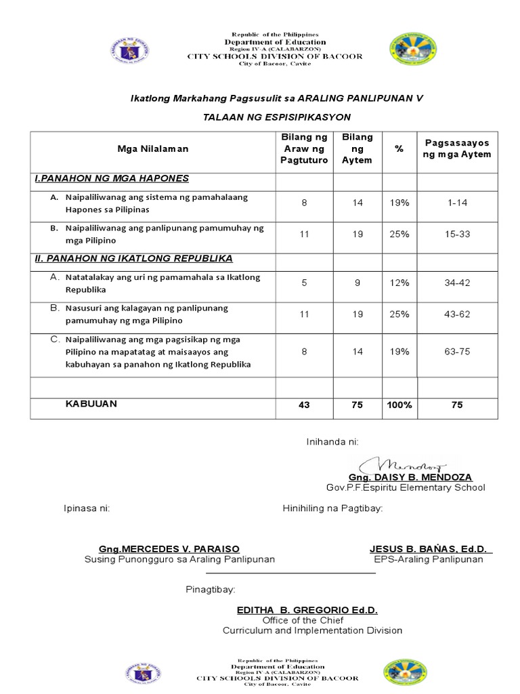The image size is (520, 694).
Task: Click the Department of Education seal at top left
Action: (x=129, y=49)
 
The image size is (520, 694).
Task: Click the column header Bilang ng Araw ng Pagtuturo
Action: (x=304, y=148)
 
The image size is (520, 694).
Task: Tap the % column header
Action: (x=399, y=148)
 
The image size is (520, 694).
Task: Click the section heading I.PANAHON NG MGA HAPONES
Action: (x=112, y=178)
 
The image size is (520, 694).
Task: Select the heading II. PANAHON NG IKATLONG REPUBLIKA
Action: (x=134, y=258)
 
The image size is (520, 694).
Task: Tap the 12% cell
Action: (x=399, y=283)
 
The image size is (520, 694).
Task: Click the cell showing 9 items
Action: (x=357, y=283)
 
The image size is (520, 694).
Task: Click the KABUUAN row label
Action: (x=91, y=404)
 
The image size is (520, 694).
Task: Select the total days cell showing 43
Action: (x=304, y=405)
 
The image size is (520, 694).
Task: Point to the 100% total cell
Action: (x=399, y=405)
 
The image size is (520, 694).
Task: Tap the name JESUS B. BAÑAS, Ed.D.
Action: (x=431, y=548)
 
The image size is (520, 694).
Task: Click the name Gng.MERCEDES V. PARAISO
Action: (x=169, y=548)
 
